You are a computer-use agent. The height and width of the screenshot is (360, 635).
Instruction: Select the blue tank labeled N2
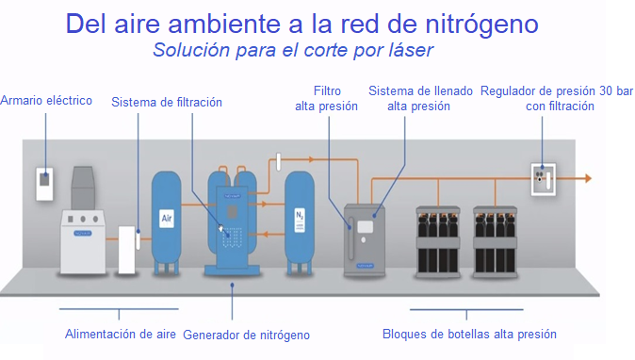pos(300,216)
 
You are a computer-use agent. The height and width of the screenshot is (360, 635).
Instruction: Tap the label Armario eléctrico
pos(46,101)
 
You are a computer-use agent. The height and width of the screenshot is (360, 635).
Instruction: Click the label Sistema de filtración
pos(167,102)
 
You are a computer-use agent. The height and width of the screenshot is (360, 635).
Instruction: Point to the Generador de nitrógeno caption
pos(246,335)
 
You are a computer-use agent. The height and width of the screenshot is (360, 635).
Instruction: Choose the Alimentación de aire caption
pos(120,333)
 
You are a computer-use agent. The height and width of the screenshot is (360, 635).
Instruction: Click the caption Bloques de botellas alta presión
pos(469,334)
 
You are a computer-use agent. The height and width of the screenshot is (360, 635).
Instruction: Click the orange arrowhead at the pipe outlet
pos(586,177)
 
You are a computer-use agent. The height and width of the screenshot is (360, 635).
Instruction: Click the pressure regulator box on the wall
pos(543,178)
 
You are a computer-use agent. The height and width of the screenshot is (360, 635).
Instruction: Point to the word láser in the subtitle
pos(407,49)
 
